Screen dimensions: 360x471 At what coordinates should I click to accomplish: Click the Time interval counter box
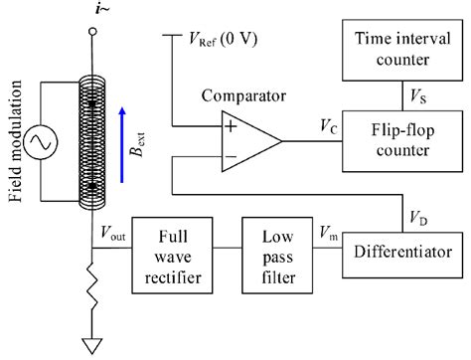click(400, 49)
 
